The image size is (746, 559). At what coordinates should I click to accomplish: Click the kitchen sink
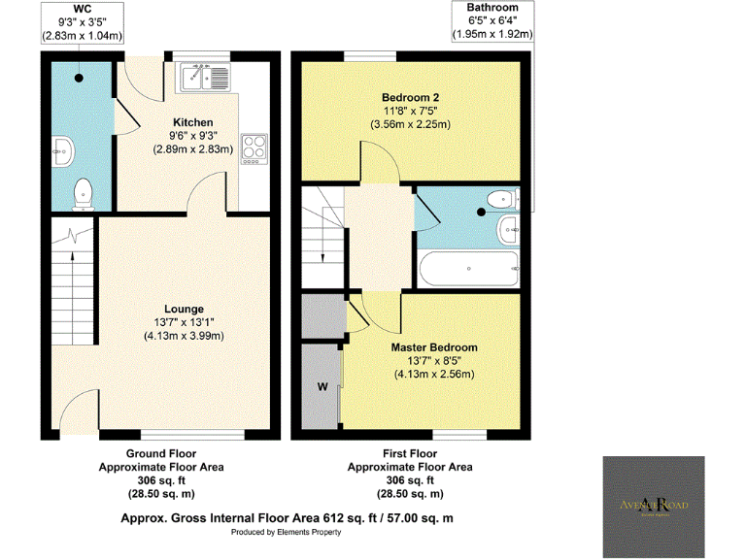[x=203, y=76]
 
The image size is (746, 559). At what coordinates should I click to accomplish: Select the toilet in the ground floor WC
[x=83, y=191]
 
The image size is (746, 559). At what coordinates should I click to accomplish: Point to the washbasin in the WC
[x=64, y=149]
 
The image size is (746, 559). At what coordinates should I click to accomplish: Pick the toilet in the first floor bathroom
[x=498, y=200]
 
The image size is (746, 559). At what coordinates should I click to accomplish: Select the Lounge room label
[x=185, y=309]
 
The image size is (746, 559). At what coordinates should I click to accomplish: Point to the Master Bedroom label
[x=434, y=346]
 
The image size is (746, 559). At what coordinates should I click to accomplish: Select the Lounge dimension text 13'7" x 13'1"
[x=185, y=322]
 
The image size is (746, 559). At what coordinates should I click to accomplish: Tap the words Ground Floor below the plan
[x=161, y=453]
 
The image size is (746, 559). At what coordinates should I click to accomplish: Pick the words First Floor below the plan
[x=410, y=453]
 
